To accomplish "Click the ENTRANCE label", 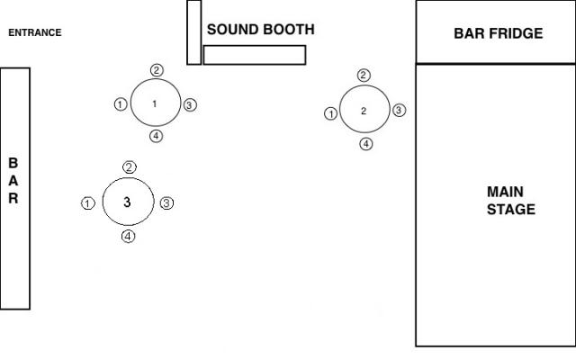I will pyautogui.click(x=35, y=33).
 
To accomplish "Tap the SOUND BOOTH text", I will pyautogui.click(x=261, y=30).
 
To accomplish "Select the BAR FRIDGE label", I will pyautogui.click(x=498, y=34).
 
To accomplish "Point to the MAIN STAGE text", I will pyautogui.click(x=511, y=201).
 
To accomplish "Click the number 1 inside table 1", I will pyautogui.click(x=155, y=104).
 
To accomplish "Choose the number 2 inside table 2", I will pyautogui.click(x=364, y=111).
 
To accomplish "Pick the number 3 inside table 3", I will pyautogui.click(x=127, y=202).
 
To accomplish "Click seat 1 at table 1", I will pyautogui.click(x=121, y=104).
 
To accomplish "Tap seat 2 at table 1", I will pyautogui.click(x=157, y=70).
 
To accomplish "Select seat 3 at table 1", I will pyautogui.click(x=189, y=105).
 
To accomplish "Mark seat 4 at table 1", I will pyautogui.click(x=156, y=136).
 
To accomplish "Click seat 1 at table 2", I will pyautogui.click(x=330, y=113).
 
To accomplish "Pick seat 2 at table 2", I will pyautogui.click(x=364, y=76).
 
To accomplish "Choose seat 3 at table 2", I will pyautogui.click(x=400, y=111).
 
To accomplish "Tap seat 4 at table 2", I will pyautogui.click(x=365, y=143).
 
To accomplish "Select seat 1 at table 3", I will pyautogui.click(x=87, y=203).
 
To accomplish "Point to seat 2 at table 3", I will pyautogui.click(x=130, y=167).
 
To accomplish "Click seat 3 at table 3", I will pyautogui.click(x=166, y=203).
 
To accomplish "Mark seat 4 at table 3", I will pyautogui.click(x=129, y=237).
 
